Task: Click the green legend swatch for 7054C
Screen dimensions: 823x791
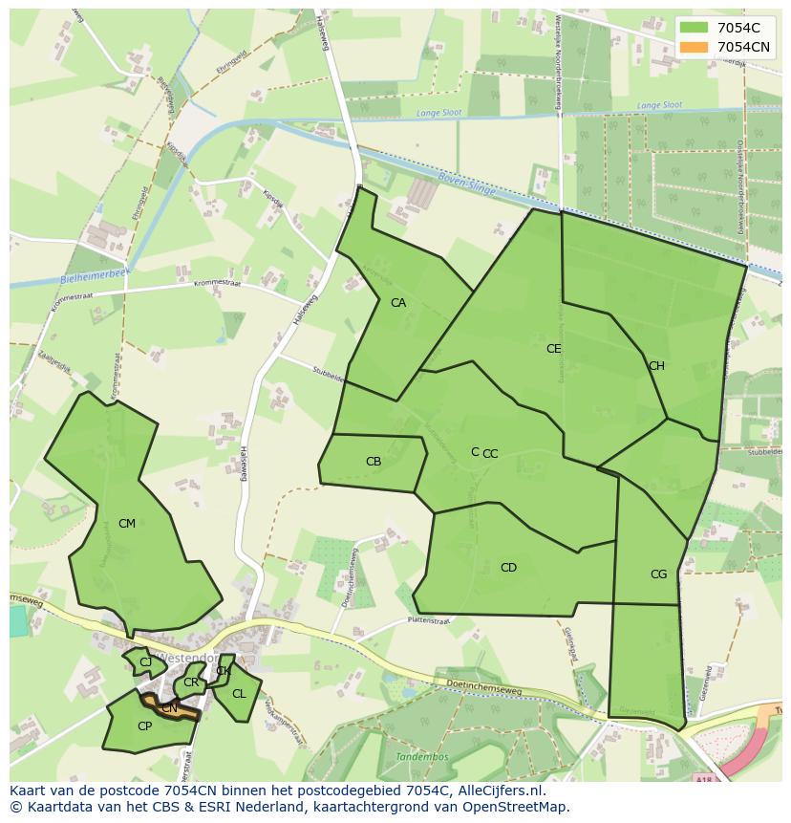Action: click(x=695, y=28)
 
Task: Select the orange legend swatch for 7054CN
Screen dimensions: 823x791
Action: click(x=695, y=47)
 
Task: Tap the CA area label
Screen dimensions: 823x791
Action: click(x=398, y=303)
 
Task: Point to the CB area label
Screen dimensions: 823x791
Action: click(x=374, y=462)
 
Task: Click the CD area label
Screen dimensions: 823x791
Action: click(x=508, y=568)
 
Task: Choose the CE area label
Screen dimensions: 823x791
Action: click(x=553, y=349)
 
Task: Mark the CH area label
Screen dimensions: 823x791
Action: click(x=656, y=366)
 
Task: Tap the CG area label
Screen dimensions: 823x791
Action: click(x=658, y=574)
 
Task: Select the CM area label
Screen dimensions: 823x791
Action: click(x=127, y=524)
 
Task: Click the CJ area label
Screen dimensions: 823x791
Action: click(x=145, y=662)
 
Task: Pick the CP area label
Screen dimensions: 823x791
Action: click(x=144, y=726)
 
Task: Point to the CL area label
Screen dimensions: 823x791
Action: click(x=239, y=694)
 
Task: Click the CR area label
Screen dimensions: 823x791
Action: click(x=191, y=682)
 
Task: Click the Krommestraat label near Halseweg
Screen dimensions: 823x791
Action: click(x=217, y=284)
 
